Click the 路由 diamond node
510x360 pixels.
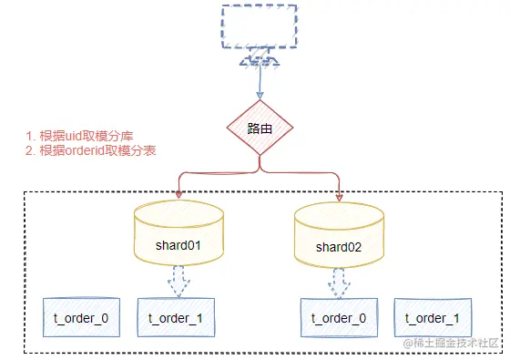click(x=260, y=129)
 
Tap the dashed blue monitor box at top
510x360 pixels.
click(x=260, y=28)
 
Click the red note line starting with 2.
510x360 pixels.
click(x=90, y=150)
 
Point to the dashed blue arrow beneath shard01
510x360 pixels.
click(x=178, y=283)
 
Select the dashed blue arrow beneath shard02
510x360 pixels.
click(x=340, y=283)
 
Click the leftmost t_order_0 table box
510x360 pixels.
click(x=80, y=317)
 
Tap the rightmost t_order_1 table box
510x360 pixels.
click(x=432, y=317)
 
